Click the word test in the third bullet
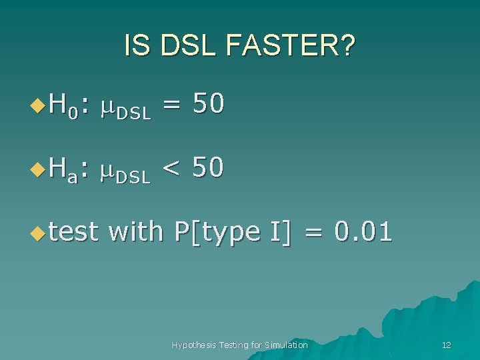(73, 232)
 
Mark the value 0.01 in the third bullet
(363, 231)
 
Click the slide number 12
(447, 345)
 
